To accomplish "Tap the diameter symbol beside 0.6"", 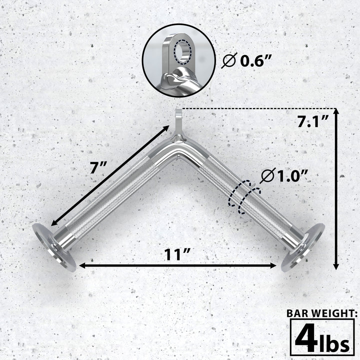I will [x=228, y=62].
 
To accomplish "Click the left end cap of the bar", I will [x=54, y=247].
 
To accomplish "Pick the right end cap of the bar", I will [x=302, y=247].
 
